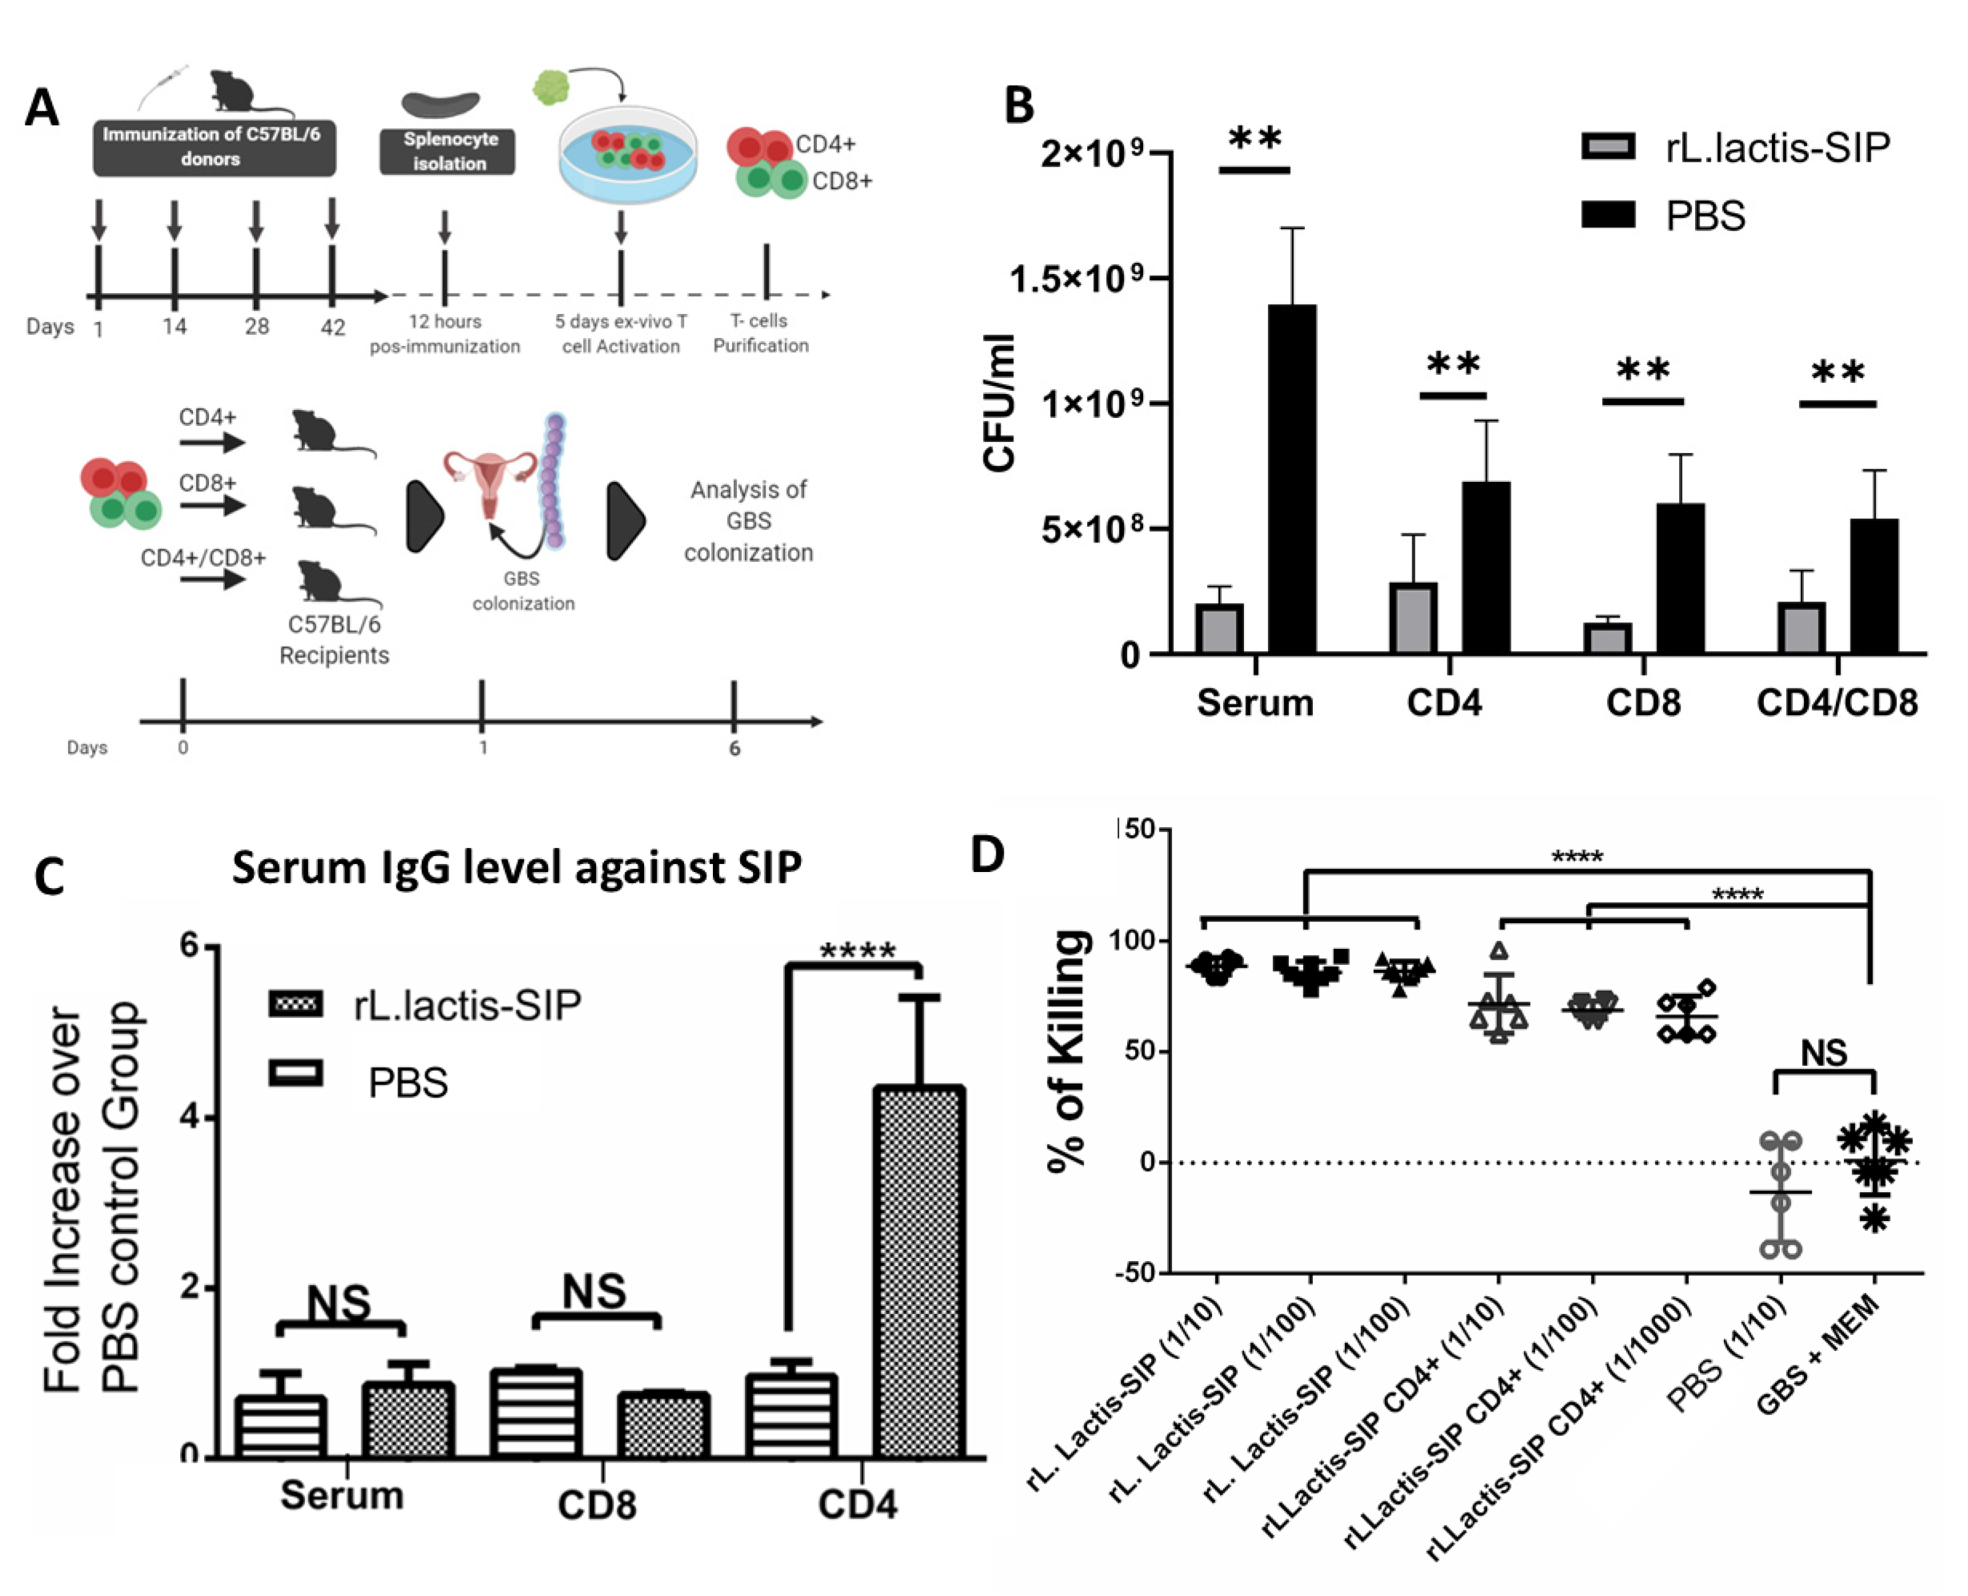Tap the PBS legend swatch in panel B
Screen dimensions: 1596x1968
point(1608,215)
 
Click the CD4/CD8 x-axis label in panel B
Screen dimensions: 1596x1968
point(1836,702)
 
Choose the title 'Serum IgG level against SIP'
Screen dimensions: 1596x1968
point(517,867)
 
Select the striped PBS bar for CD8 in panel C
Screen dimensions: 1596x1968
point(536,1413)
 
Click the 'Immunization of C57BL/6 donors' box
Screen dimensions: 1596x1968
point(213,147)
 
